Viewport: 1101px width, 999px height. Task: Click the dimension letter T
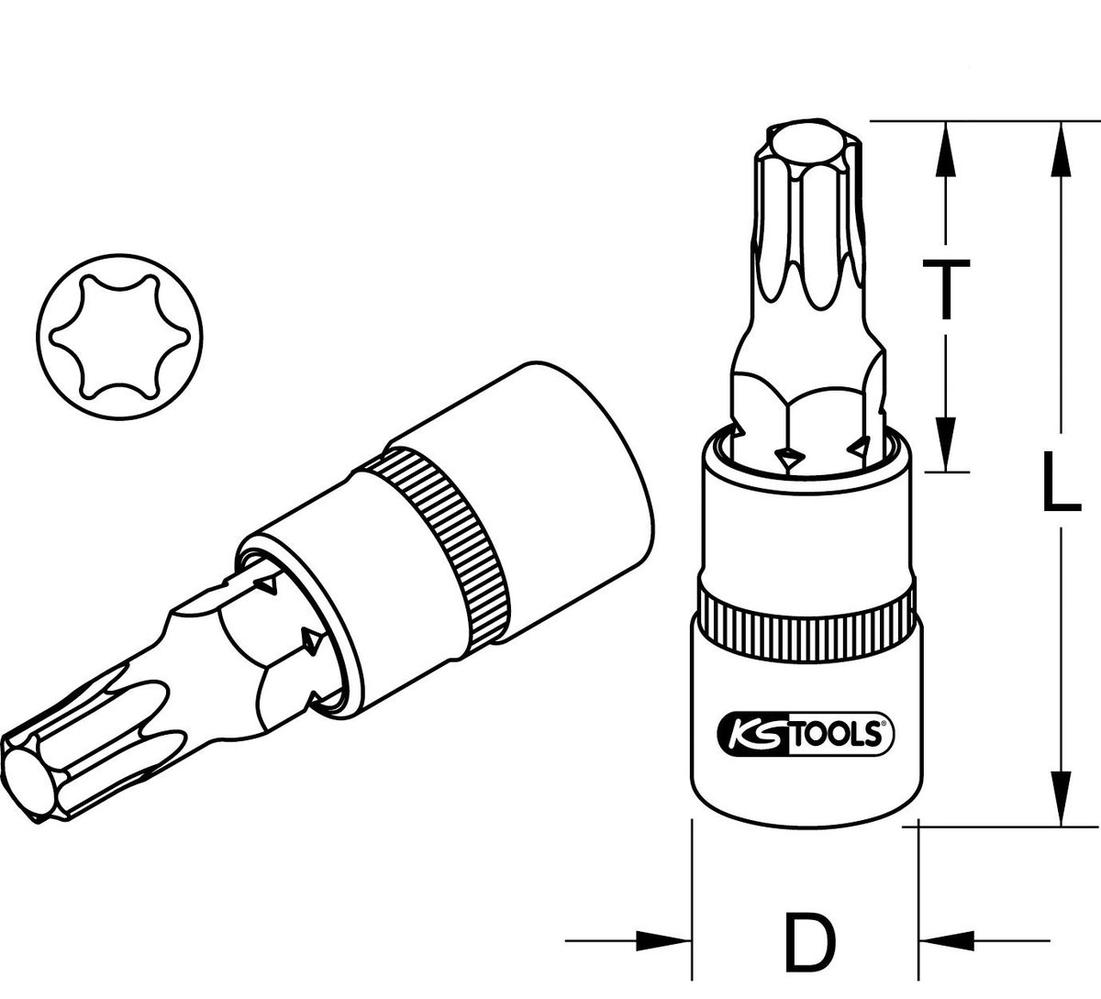[x=945, y=288]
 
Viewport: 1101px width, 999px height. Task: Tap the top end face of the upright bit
[x=803, y=147]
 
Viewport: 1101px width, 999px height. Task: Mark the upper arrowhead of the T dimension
[x=945, y=147]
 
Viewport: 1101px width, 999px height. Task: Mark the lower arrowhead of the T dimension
[x=945, y=448]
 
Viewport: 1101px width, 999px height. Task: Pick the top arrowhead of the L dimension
[x=1062, y=147]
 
